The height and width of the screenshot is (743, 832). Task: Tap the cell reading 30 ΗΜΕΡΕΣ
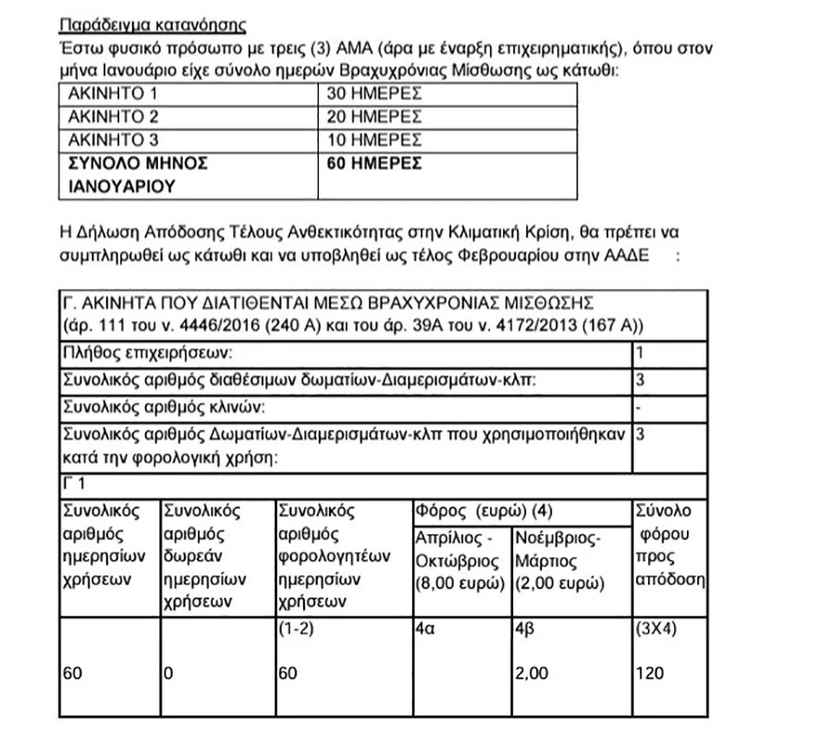373,93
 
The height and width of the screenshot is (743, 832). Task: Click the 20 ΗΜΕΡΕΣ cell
373,118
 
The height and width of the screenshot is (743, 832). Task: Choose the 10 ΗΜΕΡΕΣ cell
373,141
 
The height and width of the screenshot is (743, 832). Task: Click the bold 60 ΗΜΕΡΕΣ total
373,164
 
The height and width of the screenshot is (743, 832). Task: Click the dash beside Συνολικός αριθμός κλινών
641,406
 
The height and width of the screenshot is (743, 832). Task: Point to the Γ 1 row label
75,484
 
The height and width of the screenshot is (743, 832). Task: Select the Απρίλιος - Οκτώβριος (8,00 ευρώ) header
459,561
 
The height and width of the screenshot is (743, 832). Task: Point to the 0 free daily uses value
167,674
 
